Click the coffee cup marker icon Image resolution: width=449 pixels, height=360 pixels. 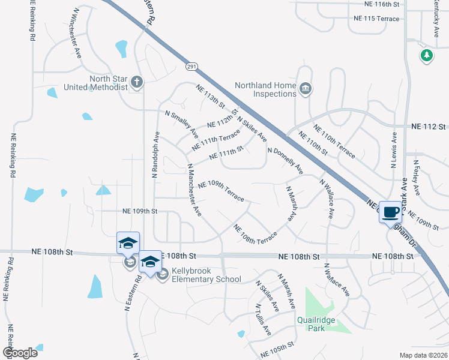point(390,212)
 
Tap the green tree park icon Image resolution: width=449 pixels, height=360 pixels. point(427,56)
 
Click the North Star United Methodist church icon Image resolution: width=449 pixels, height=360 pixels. point(137,81)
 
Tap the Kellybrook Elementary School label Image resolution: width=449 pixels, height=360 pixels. point(206,275)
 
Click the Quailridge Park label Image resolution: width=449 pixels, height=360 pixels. point(319,324)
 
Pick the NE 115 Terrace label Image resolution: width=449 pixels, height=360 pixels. point(376,19)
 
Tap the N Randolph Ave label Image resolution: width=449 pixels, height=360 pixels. point(155,154)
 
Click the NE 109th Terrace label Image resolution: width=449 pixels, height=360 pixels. point(220,191)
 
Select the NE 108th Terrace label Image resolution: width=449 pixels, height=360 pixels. point(255,234)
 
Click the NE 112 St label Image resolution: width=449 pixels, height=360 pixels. point(429,127)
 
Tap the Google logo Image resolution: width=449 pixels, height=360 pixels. point(19,353)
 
